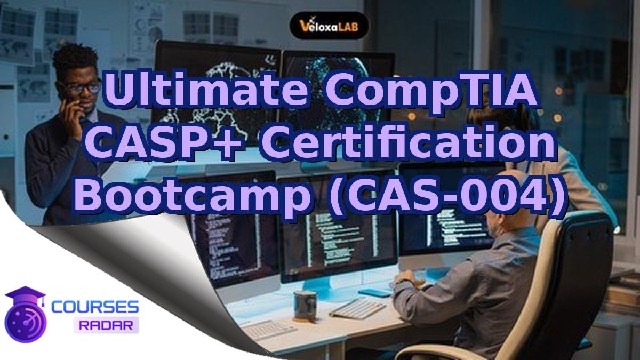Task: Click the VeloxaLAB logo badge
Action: [x=329, y=25]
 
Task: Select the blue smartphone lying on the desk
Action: [x=375, y=292]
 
